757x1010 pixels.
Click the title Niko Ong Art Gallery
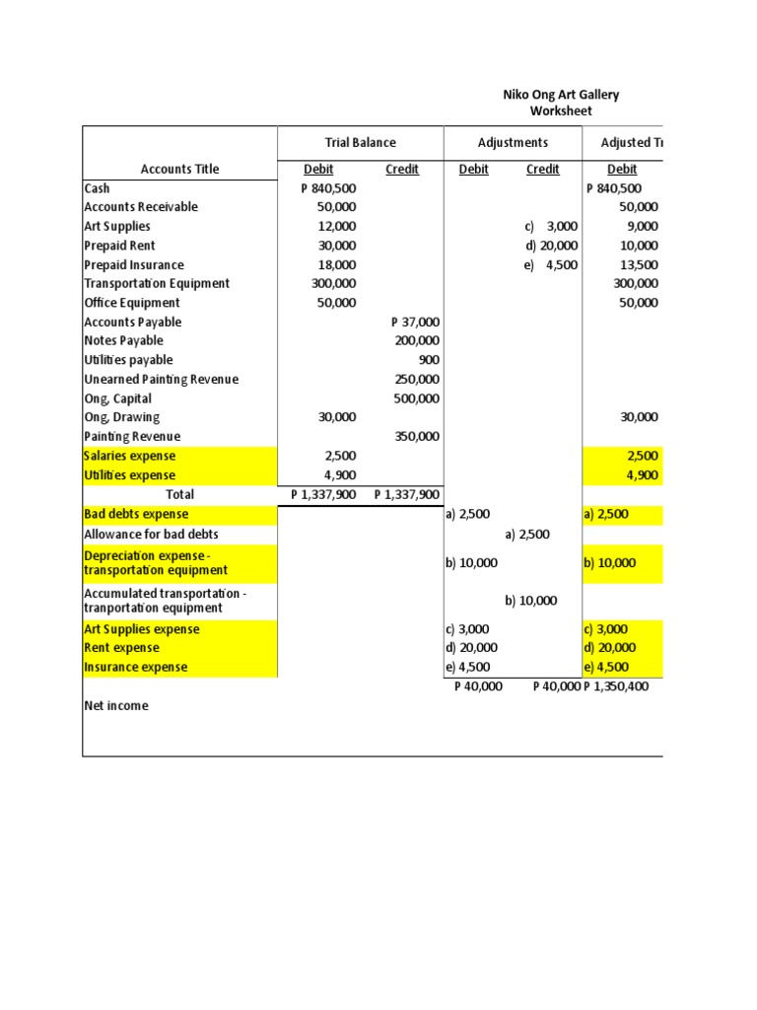click(561, 95)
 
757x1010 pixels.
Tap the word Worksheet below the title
click(561, 111)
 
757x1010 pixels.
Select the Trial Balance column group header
click(361, 143)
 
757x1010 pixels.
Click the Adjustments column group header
click(513, 143)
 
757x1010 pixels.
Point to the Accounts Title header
click(179, 170)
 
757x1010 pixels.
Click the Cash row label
click(98, 188)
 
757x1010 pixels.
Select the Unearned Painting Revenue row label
click(162, 380)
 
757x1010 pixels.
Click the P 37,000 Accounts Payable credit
click(415, 323)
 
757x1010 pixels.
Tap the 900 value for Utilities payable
click(429, 360)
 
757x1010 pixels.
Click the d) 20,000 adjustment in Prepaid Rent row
click(552, 246)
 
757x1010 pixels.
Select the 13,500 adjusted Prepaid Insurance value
click(638, 265)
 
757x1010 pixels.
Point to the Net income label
click(116, 706)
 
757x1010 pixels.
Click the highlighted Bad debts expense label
click(136, 515)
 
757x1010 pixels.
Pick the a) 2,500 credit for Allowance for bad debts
click(527, 535)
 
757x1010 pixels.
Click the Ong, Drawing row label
click(121, 418)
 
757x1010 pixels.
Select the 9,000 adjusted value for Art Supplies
click(643, 227)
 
